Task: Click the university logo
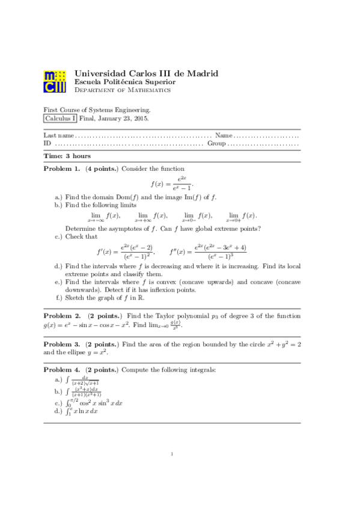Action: click(55, 82)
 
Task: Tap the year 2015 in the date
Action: click(140, 118)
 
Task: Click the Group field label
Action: click(216, 143)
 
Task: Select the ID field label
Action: click(47, 143)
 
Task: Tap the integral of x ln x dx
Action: click(84, 411)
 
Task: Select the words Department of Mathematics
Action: click(122, 90)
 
